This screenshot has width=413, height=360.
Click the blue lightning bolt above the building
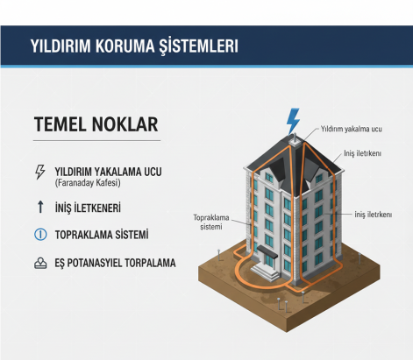(x=293, y=119)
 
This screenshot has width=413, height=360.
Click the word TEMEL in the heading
(x=61, y=124)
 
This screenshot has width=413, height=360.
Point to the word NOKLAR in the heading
(x=126, y=124)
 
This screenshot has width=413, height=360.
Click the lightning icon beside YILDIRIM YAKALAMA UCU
(x=39, y=172)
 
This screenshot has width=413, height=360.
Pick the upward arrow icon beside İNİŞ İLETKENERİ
(x=39, y=208)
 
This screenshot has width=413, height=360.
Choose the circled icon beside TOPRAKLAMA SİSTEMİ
(x=39, y=235)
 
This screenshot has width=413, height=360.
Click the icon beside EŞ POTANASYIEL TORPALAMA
(x=39, y=263)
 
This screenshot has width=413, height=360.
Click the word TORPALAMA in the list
(x=154, y=263)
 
